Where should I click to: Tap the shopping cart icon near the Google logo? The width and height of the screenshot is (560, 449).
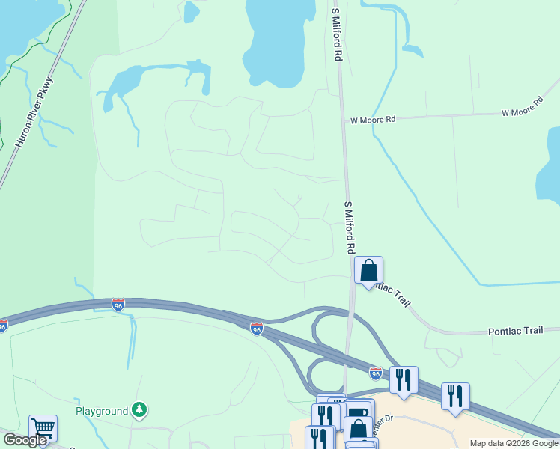pos(43,428)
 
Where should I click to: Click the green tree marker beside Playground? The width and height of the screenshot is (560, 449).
pos(139,409)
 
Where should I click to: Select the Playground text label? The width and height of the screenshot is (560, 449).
pos(102,411)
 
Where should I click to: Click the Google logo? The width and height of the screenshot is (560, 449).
pos(25,440)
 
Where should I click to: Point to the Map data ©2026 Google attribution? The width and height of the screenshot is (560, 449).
pos(513,443)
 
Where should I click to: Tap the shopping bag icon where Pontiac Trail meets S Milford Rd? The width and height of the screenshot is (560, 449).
pos(368,269)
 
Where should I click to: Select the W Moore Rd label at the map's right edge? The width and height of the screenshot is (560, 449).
pos(522,106)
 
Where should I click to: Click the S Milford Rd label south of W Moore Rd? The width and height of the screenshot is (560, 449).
pos(349,226)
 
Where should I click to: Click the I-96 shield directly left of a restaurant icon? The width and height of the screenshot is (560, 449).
pos(376,371)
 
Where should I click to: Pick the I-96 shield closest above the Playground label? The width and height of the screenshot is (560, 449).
pos(118,305)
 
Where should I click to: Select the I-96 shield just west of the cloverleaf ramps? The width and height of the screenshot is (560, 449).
pos(256,329)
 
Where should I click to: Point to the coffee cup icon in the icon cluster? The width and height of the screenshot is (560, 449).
pos(358,414)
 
